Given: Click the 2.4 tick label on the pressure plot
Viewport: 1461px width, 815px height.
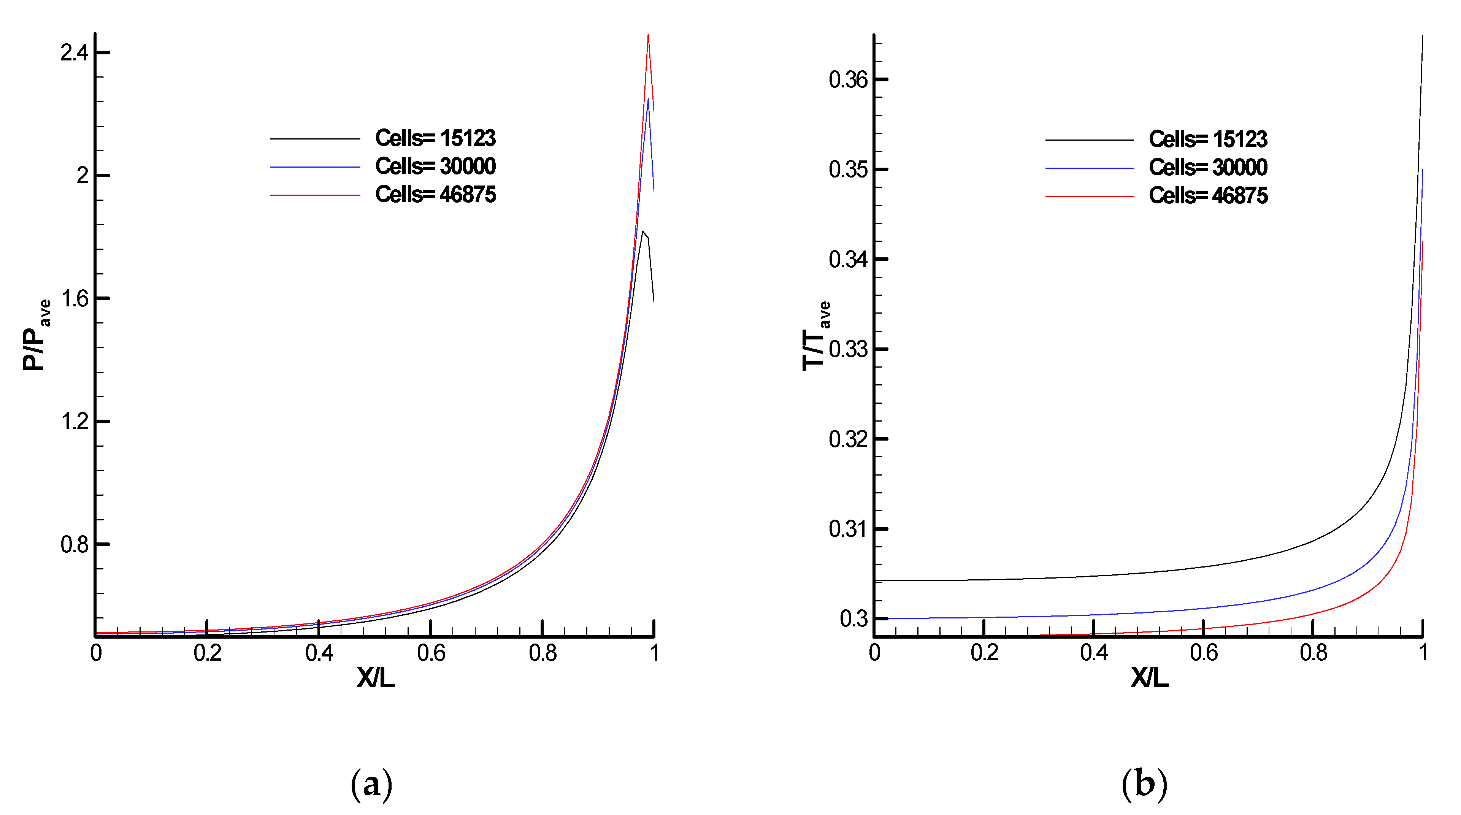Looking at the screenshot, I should (x=74, y=53).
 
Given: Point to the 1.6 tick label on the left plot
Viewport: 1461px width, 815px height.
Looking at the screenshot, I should (x=74, y=299).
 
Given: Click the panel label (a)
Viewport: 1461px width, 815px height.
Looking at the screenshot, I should (x=371, y=784).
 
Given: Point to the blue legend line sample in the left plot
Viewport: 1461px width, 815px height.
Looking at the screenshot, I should (x=315, y=167).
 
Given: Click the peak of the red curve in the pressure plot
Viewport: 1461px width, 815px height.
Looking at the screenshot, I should (x=648, y=35).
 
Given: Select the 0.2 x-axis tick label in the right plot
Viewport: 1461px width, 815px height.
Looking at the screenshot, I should (x=984, y=653).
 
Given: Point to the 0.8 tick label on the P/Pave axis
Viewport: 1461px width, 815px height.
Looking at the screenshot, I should (x=74, y=544).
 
